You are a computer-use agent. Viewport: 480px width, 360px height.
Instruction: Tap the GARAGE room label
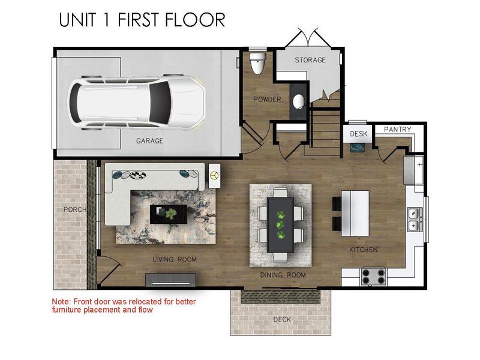149,142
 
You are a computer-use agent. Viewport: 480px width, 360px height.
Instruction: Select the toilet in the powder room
258,62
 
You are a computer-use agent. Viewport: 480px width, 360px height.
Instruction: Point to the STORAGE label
310,60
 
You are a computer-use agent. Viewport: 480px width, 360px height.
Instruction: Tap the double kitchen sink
413,219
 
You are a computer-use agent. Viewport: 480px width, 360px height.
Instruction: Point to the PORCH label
76,209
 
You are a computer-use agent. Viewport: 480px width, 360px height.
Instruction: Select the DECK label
281,319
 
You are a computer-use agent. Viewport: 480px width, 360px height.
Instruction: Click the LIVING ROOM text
175,259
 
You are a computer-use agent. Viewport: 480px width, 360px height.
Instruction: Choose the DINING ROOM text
283,275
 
